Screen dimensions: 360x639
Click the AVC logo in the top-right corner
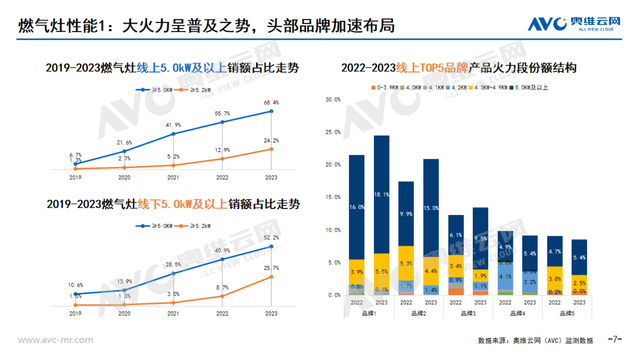(573, 23)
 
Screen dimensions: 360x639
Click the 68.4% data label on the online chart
(271, 102)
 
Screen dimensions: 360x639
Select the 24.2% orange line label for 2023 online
(271, 140)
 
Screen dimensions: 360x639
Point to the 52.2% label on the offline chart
(271, 237)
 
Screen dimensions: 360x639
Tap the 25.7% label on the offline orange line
(271, 268)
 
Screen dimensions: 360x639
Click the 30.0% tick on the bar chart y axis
(333, 99)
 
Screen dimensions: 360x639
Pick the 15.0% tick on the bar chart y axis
(333, 197)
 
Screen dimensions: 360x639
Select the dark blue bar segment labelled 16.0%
(357, 207)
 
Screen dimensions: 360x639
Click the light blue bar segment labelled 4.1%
(505, 276)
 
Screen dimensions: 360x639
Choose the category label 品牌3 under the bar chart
(468, 314)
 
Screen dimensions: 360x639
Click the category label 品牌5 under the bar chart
(567, 314)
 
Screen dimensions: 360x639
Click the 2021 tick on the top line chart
(173, 177)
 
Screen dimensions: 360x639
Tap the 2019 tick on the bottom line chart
(75, 313)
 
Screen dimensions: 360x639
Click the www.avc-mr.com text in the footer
(56, 340)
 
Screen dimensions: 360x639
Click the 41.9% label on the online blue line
(173, 125)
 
